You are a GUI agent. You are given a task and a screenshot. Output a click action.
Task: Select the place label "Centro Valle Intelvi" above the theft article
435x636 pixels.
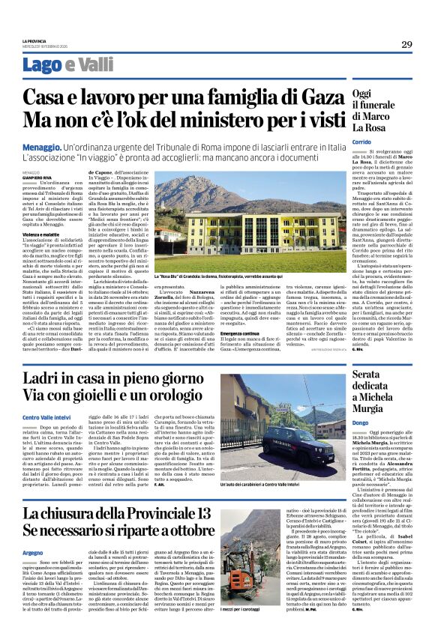(x=48, y=417)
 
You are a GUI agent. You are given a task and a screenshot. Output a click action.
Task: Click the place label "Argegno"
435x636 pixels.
(x=33, y=552)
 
